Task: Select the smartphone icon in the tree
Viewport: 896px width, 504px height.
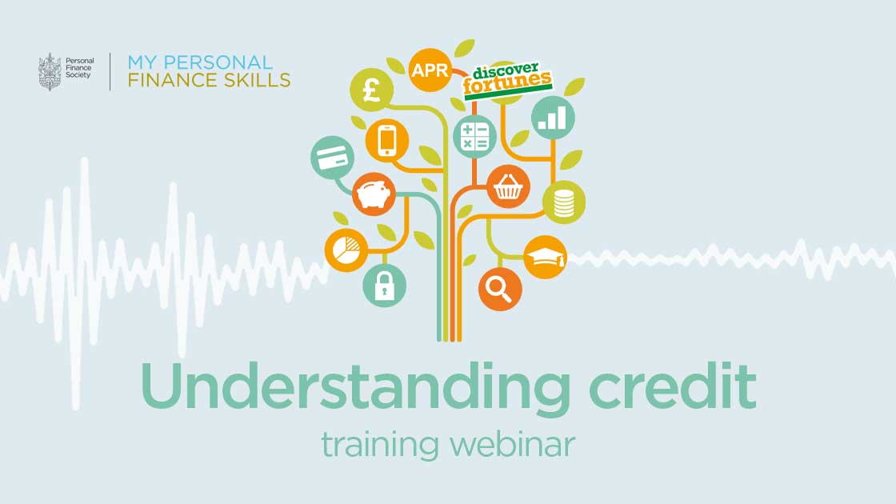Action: [x=388, y=142]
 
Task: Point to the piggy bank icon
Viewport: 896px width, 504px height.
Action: [x=374, y=194]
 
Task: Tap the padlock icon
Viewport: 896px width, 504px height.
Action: [x=385, y=286]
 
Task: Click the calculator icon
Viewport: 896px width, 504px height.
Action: [x=475, y=136]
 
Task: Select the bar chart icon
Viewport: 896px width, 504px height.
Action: [x=552, y=118]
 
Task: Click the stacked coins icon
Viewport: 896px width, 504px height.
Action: [x=564, y=202]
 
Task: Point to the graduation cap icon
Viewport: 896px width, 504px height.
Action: [x=545, y=258]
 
